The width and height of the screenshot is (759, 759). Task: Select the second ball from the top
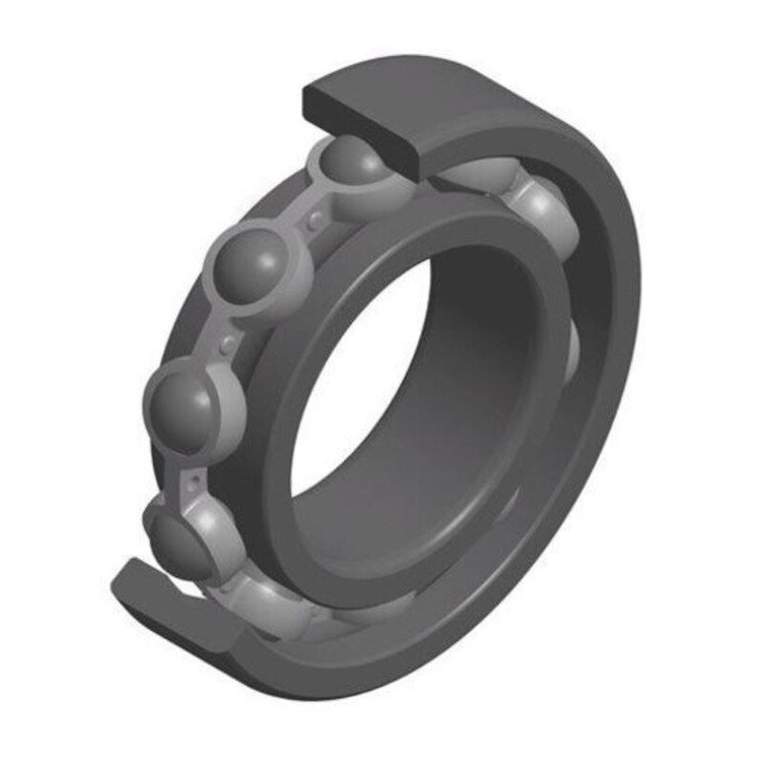252,268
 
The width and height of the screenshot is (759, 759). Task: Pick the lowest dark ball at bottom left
178,537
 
